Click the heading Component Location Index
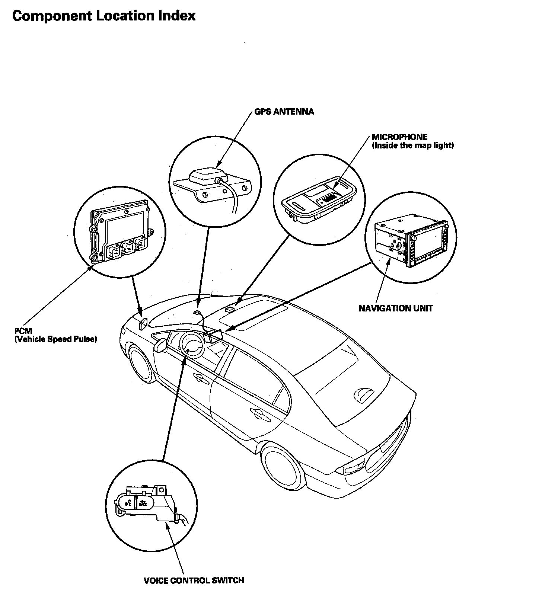coord(104,16)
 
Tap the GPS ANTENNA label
coord(284,112)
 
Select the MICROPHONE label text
coord(399,137)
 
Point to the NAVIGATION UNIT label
coord(396,308)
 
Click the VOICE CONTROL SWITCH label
coord(194,580)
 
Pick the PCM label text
coord(23,331)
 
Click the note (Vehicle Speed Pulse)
coord(56,339)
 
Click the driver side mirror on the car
coord(161,345)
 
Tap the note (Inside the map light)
coord(413,145)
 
